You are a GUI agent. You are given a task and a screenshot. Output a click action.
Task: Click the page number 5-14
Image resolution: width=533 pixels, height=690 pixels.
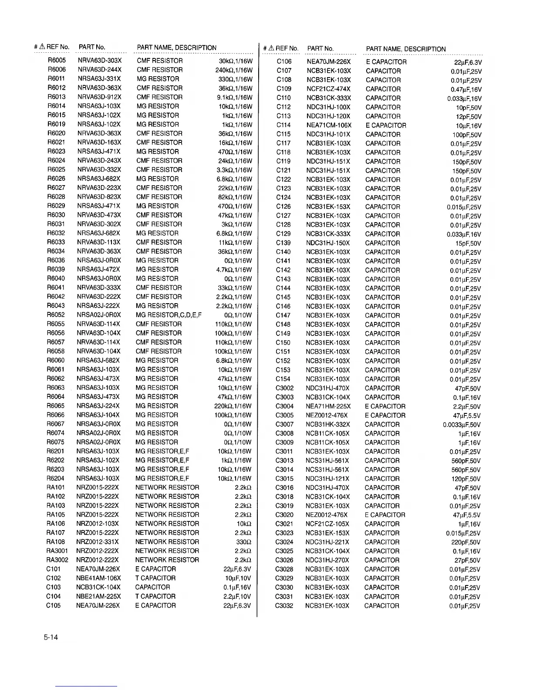tap(51, 638)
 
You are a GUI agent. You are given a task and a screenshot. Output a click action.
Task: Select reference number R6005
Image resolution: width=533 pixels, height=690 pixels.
tap(57, 61)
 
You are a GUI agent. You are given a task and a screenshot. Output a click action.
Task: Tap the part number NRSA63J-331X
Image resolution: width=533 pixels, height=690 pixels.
tap(99, 79)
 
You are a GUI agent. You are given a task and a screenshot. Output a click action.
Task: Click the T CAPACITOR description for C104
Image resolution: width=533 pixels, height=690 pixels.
tap(155, 596)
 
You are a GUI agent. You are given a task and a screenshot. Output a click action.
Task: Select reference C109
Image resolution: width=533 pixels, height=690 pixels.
tap(284, 89)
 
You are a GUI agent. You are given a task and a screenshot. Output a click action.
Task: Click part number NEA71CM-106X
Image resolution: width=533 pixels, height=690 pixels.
tap(329, 125)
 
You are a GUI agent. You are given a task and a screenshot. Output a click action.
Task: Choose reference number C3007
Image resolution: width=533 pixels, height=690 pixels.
tap(284, 424)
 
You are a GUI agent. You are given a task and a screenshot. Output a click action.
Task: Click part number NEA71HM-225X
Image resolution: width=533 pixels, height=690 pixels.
tap(328, 406)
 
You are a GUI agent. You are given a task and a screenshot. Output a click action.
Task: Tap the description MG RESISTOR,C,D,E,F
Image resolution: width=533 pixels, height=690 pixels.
tap(169, 315)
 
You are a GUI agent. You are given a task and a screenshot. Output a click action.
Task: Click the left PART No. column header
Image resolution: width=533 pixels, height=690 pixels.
tap(92, 47)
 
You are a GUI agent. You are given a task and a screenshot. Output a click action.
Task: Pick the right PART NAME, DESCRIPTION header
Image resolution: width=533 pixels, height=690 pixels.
tap(406, 49)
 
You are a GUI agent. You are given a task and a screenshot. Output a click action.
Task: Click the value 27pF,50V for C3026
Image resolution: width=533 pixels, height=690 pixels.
tap(467, 561)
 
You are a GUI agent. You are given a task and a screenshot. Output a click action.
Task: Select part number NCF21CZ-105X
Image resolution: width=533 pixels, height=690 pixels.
tap(327, 524)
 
